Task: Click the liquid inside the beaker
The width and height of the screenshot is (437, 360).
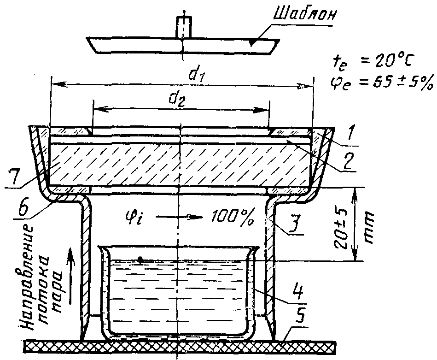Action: tap(177, 290)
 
